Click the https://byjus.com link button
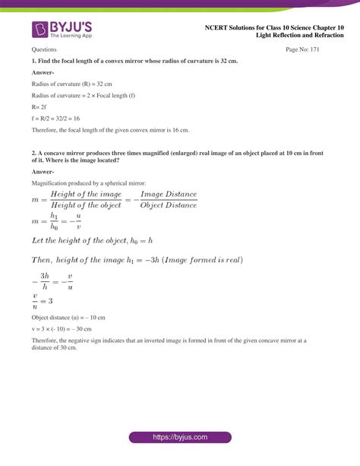pos(179,439)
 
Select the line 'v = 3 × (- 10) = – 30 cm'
pos(62,328)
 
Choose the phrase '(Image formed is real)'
pos(200,260)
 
